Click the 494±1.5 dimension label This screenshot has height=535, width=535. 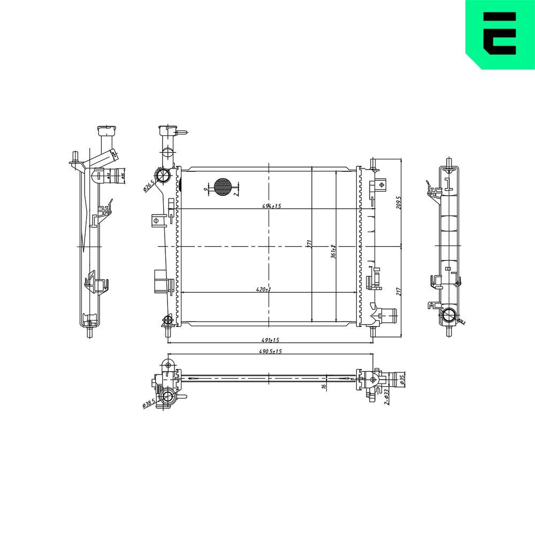coord(271,206)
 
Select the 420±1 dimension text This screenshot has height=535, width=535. coord(264,289)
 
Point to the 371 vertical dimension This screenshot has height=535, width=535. coord(309,244)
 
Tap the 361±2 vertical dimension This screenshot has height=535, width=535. coord(332,251)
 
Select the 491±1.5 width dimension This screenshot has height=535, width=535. coord(271,340)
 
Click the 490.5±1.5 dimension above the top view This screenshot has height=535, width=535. coord(271,351)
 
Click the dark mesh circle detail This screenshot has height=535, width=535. coord(222,186)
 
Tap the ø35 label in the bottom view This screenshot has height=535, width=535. coord(403,379)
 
